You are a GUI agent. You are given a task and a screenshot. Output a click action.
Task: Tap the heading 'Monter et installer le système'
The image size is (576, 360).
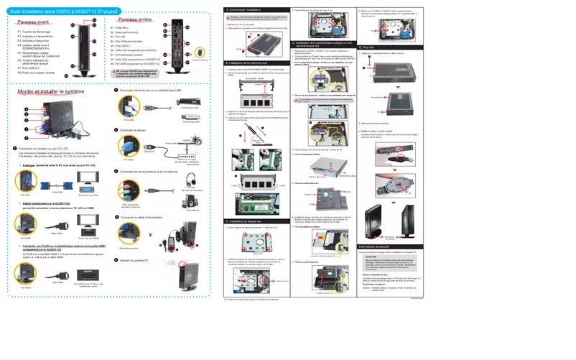(50, 93)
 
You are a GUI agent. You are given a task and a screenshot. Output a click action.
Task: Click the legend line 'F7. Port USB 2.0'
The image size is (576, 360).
(29, 70)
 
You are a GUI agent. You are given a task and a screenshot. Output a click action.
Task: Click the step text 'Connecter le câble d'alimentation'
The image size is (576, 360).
(147, 216)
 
